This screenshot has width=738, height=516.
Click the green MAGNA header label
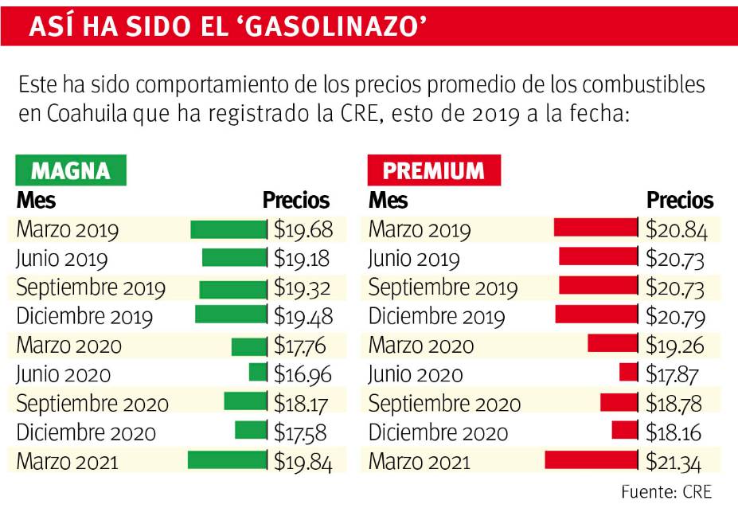pyautogui.click(x=71, y=170)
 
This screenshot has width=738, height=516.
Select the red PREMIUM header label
pyautogui.click(x=434, y=170)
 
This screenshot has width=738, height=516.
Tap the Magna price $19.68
pyautogui.click(x=303, y=230)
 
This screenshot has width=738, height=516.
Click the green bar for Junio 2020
pyautogui.click(x=258, y=373)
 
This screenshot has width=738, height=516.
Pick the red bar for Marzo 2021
pyautogui.click(x=592, y=459)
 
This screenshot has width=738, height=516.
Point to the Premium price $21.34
pyautogui.click(x=676, y=461)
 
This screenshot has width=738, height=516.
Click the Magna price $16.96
pyautogui.click(x=303, y=373)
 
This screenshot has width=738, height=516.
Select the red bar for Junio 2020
pyautogui.click(x=629, y=373)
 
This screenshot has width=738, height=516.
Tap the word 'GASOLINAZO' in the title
pyautogui.click(x=334, y=26)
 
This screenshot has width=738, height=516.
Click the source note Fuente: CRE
pyautogui.click(x=666, y=491)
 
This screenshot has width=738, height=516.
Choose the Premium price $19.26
pyautogui.click(x=676, y=345)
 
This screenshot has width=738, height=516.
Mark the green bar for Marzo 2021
pyautogui.click(x=228, y=459)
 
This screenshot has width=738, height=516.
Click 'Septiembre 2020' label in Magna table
pyautogui.click(x=92, y=403)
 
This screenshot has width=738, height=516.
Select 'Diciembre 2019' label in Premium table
pyautogui.click(x=436, y=317)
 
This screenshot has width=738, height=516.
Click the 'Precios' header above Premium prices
pyautogui.click(x=680, y=200)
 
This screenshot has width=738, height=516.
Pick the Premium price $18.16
pyautogui.click(x=676, y=432)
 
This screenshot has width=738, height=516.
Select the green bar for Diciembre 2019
pyautogui.click(x=232, y=315)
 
